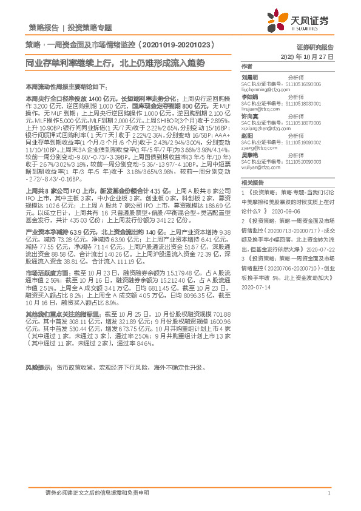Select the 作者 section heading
pyautogui.click(x=246, y=66)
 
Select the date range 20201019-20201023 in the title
pyautogui.click(x=172, y=46)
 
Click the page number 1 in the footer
pyautogui.click(x=328, y=494)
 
